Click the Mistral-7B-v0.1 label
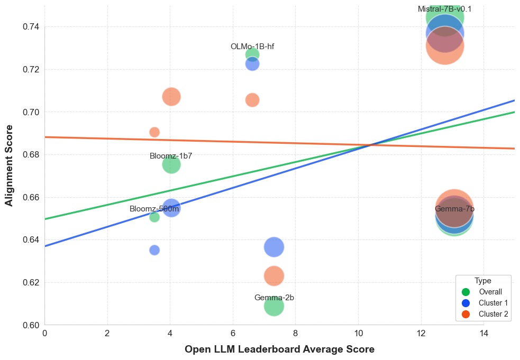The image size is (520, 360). [444, 9]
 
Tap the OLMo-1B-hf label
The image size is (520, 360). [252, 47]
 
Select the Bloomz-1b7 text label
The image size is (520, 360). [171, 156]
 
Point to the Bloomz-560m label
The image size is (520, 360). [154, 209]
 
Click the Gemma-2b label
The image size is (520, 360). [274, 298]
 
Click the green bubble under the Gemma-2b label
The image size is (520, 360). [273, 306]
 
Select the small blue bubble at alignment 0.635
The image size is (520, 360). [154, 250]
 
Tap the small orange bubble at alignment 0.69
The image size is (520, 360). [154, 132]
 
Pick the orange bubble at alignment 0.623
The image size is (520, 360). [273, 275]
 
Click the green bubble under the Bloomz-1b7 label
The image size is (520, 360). [171, 164]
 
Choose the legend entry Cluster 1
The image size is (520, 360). [493, 303]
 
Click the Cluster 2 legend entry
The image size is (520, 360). [493, 314]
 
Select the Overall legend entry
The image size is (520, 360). [490, 292]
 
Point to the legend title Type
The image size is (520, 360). [483, 281]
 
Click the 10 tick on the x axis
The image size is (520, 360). [358, 333]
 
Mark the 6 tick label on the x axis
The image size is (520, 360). [233, 333]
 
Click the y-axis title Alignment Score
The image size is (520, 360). [9, 165]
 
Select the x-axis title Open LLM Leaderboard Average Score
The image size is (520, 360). [279, 349]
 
